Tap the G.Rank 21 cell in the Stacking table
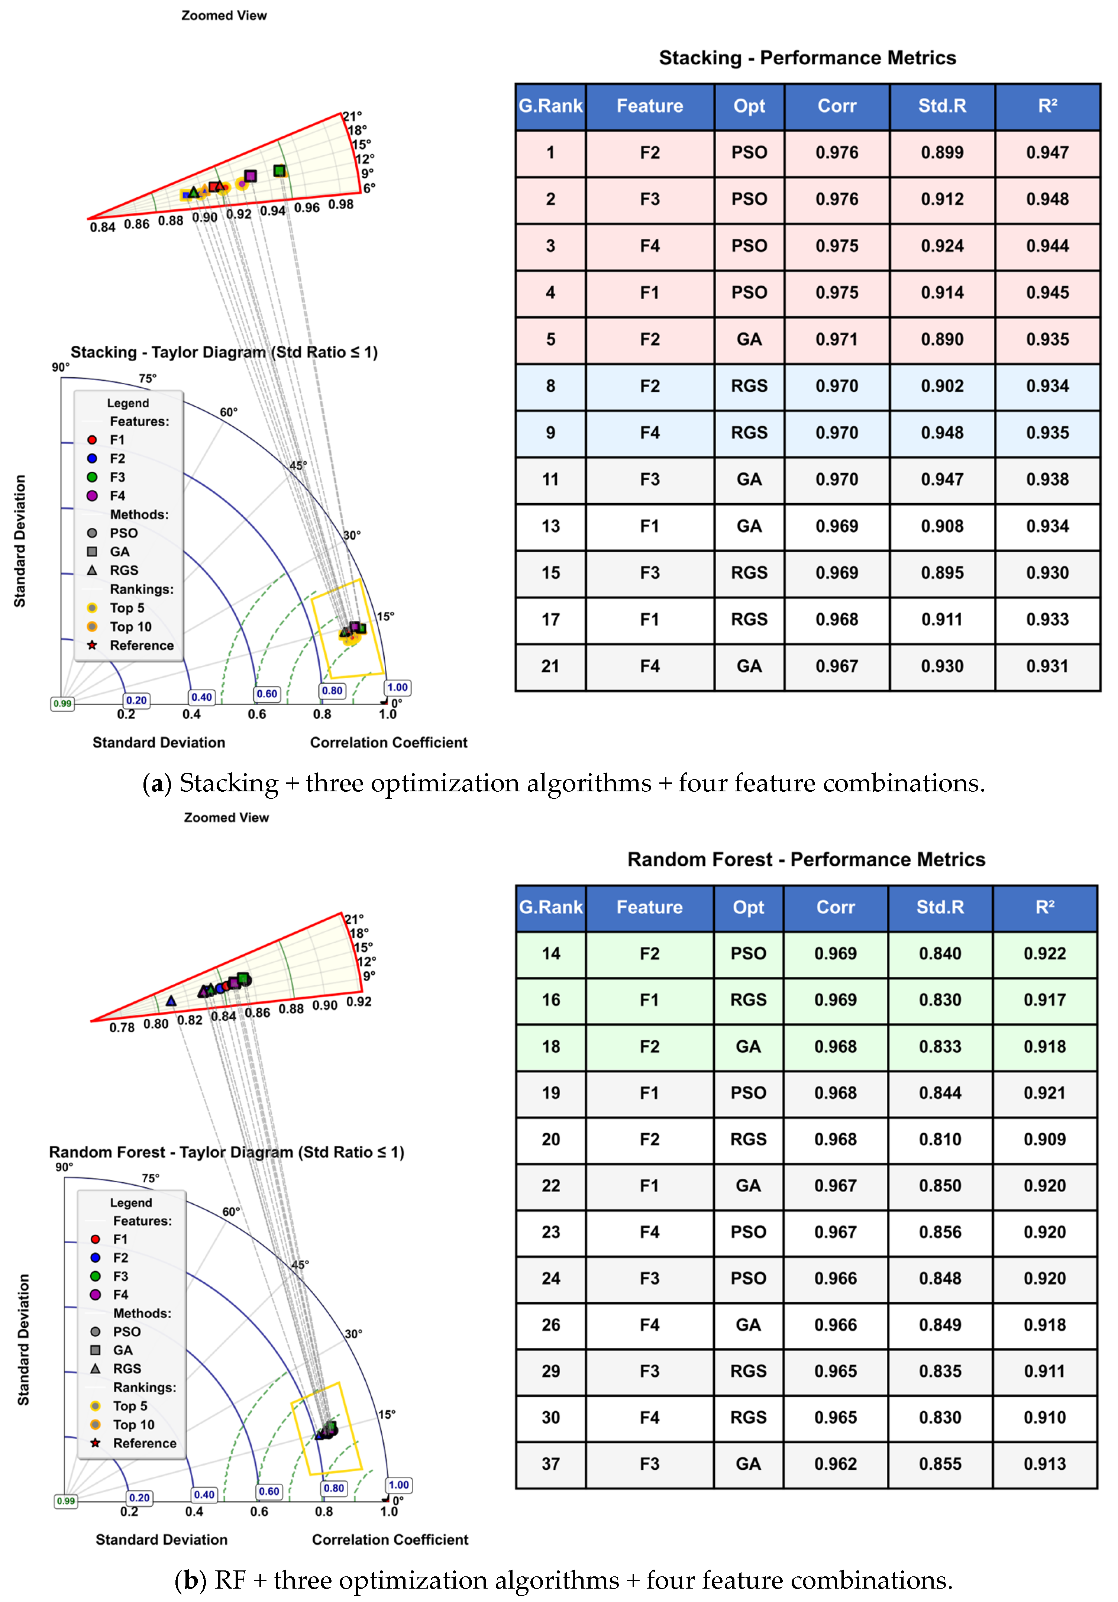point(550,666)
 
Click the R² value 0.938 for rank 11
point(1047,479)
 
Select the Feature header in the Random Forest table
point(649,907)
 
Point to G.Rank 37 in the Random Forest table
point(550,1464)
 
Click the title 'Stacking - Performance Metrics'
point(807,58)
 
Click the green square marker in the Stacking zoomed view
point(279,171)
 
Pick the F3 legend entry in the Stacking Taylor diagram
point(117,477)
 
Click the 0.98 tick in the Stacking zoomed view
point(340,204)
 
